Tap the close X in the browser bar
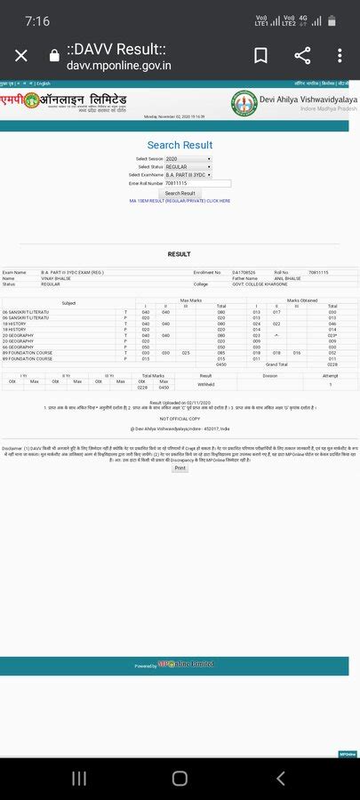point(21,56)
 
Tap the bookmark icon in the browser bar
point(260,56)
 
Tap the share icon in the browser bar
point(302,56)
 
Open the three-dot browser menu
point(341,56)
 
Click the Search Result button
point(180,193)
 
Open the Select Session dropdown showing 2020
point(188,158)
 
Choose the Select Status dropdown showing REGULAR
point(188,166)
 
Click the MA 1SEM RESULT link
point(180,201)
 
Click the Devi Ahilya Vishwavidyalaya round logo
point(244,102)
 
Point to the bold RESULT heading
point(180,254)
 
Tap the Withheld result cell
point(206,385)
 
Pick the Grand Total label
point(276,364)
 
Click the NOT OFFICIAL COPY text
point(180,418)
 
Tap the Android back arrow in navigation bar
point(281,778)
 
